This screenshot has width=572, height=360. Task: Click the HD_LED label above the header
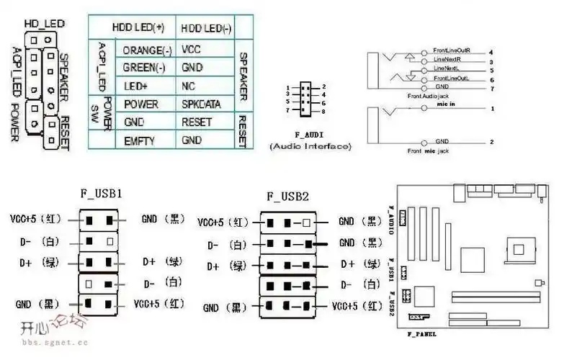pos(41,22)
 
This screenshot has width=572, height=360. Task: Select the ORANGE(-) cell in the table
pos(147,50)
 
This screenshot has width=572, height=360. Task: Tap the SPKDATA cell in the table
pos(201,104)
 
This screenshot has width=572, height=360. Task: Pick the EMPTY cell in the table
pos(139,140)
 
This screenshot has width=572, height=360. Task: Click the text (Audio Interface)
pos(310,146)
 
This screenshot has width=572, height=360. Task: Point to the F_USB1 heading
pos(101,194)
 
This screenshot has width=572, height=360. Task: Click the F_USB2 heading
pos(287,196)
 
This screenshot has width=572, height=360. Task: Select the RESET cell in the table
pos(196,122)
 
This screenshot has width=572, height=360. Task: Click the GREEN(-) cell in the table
pos(146,68)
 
